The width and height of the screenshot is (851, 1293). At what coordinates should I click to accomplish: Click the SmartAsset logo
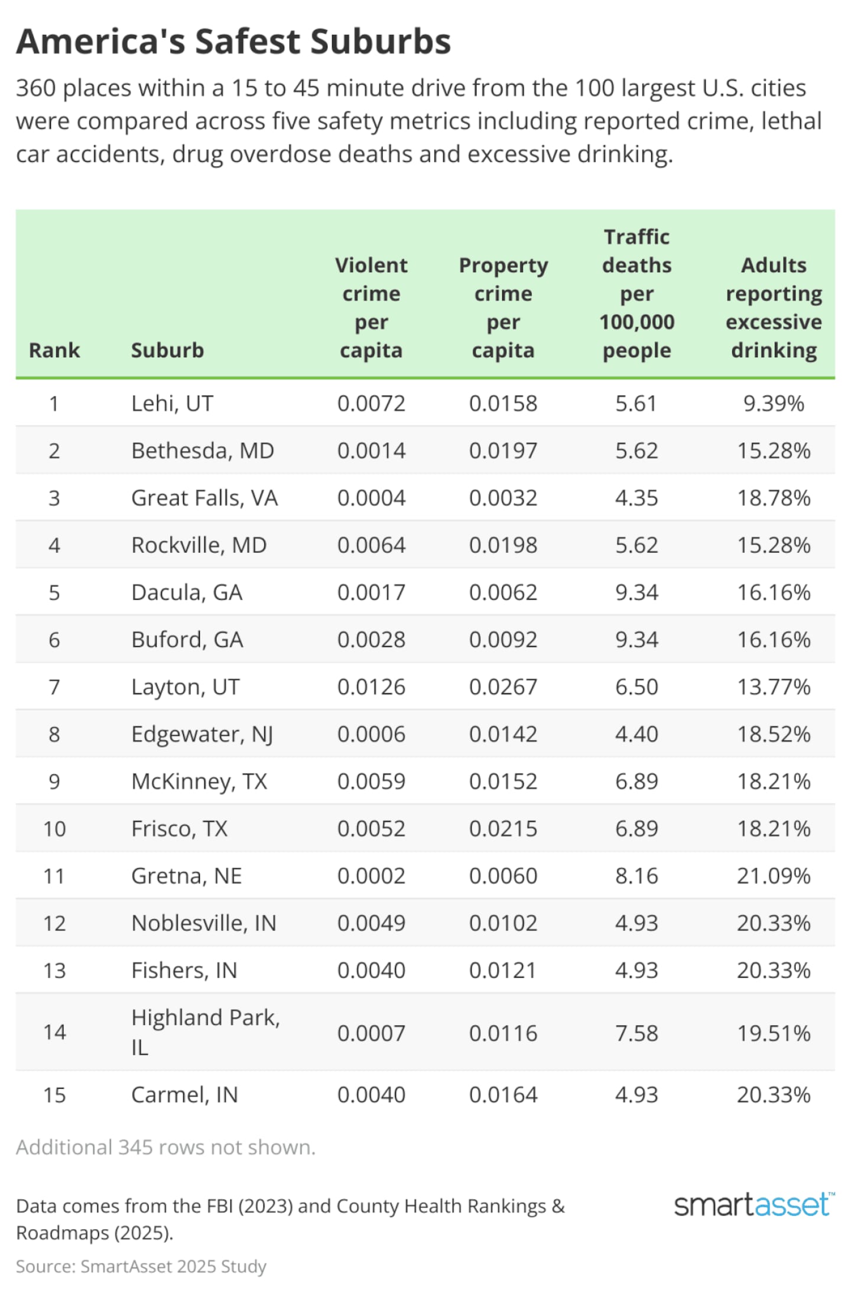753,1205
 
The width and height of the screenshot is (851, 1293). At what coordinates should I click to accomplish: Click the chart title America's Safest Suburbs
233,41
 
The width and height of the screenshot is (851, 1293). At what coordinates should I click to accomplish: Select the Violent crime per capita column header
371,307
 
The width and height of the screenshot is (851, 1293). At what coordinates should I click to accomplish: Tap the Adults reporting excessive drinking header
774,307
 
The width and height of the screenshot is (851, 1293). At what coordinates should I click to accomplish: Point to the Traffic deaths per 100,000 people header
636,293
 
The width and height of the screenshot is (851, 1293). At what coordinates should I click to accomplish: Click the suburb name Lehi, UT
172,403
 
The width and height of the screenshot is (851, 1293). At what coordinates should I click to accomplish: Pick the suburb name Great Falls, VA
204,498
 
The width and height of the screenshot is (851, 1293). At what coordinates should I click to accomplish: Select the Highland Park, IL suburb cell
205,1032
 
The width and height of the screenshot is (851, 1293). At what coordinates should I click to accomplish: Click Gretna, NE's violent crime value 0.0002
371,876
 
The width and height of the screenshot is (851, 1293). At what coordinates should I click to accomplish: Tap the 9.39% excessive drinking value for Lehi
774,403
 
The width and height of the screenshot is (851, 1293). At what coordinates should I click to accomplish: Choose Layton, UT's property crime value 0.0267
503,687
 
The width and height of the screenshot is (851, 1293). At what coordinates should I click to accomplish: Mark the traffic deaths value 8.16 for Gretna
636,876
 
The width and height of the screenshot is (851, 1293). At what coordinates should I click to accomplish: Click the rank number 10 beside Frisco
54,829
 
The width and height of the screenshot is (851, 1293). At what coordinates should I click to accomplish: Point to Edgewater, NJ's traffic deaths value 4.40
636,734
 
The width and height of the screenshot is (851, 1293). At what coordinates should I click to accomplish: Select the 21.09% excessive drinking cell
774,876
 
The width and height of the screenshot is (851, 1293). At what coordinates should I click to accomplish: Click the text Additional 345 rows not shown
165,1147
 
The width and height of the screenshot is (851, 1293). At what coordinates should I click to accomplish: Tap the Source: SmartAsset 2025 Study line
141,1266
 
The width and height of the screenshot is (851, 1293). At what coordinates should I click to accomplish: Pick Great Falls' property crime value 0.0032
503,498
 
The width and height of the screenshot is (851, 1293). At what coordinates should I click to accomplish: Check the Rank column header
54,350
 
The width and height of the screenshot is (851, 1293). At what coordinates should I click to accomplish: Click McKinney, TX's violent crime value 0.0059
371,781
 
